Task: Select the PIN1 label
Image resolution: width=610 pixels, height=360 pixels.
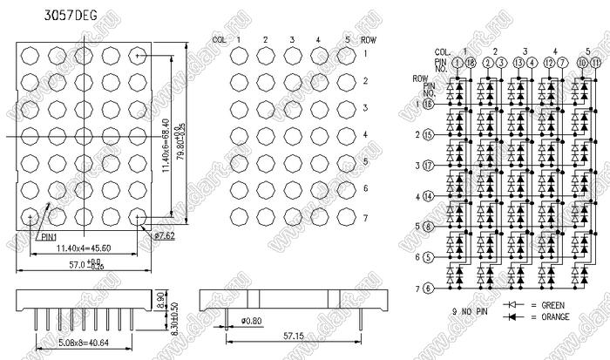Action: pyautogui.click(x=49, y=235)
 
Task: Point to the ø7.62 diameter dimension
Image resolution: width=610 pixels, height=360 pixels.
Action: pyautogui.click(x=165, y=235)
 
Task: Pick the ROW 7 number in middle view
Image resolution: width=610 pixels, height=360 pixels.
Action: pyautogui.click(x=366, y=215)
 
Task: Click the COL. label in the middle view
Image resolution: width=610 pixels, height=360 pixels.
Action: pyautogui.click(x=220, y=40)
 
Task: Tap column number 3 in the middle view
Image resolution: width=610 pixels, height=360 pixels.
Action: pyautogui.click(x=291, y=40)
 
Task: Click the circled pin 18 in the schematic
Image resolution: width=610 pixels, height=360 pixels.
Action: pyautogui.click(x=471, y=63)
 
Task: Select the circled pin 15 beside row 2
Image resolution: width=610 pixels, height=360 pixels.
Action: pyautogui.click(x=428, y=135)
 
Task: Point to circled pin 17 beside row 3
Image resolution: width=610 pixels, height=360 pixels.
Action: pyautogui.click(x=428, y=166)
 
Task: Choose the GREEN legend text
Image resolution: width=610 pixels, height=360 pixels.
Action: pyautogui.click(x=555, y=306)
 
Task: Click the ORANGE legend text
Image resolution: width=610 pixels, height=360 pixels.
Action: pyautogui.click(x=556, y=316)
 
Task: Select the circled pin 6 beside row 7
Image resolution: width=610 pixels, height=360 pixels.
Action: pyautogui.click(x=427, y=289)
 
